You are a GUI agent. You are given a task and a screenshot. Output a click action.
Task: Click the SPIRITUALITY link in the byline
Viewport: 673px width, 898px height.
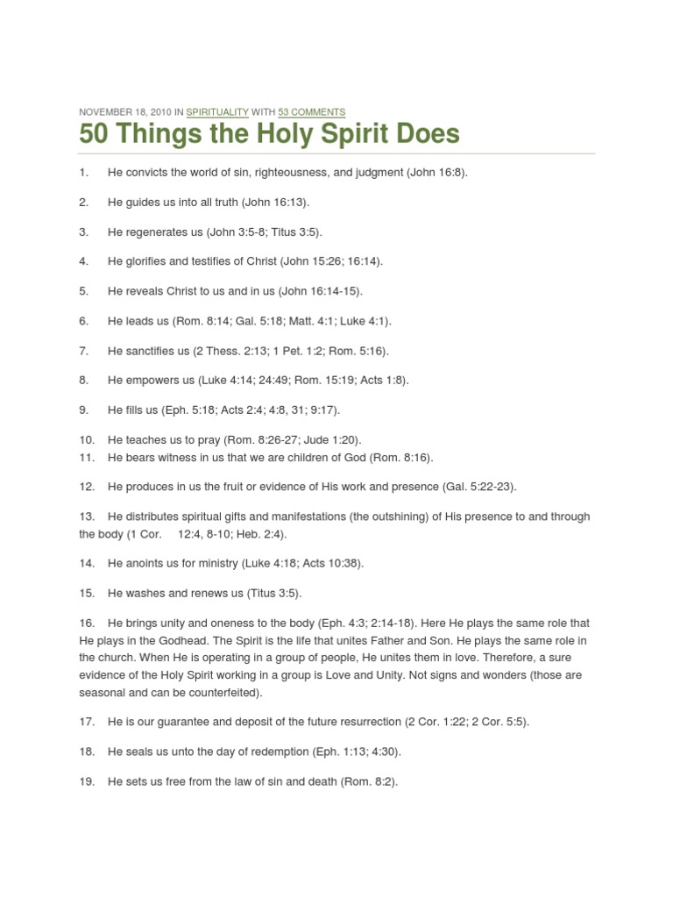217,112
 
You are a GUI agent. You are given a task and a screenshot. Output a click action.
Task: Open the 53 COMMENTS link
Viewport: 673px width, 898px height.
312,112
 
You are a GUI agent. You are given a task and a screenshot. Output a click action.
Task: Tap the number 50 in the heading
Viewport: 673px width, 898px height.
94,134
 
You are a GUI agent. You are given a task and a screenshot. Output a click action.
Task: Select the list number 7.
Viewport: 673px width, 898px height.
84,351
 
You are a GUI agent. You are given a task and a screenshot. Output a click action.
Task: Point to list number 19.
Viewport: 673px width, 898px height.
87,781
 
